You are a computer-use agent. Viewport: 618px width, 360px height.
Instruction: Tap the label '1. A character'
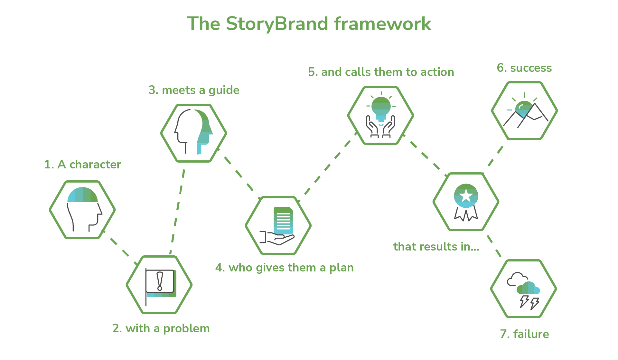[83, 165]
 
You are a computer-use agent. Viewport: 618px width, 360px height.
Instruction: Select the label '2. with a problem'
[161, 328]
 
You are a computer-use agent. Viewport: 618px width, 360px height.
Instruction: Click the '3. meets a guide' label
[194, 90]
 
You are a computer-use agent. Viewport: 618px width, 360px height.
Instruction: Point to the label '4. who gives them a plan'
[285, 268]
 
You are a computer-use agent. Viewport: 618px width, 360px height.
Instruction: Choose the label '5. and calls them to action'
[381, 72]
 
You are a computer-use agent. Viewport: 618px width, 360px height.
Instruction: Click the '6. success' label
[524, 68]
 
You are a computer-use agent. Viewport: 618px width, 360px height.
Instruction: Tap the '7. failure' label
[524, 334]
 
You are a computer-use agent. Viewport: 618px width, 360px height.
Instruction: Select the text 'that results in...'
[436, 247]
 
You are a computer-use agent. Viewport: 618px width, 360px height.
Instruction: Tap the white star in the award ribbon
[466, 196]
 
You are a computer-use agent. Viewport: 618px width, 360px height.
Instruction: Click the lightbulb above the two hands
[381, 108]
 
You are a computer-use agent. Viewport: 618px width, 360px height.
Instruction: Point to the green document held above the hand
[283, 221]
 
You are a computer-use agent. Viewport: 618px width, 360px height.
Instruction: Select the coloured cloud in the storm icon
[528, 288]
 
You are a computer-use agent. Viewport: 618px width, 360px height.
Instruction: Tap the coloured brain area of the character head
[82, 195]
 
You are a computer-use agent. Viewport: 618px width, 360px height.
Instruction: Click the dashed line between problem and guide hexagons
[177, 211]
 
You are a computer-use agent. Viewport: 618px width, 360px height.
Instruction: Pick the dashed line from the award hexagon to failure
[494, 246]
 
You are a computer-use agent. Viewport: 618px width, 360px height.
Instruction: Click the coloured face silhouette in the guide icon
[205, 132]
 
